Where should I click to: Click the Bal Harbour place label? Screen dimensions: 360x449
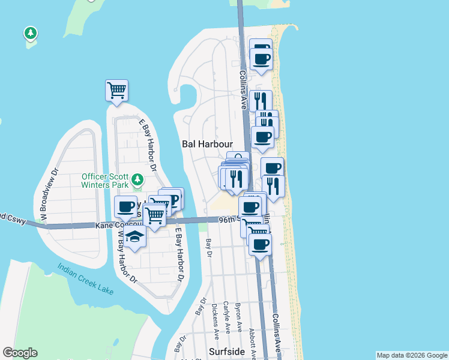click(206, 144)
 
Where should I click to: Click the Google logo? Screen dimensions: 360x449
click(20, 353)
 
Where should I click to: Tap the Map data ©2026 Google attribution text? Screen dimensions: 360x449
click(412, 355)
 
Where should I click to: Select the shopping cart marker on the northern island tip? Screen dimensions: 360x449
click(116, 91)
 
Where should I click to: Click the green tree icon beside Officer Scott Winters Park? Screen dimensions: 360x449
click(137, 179)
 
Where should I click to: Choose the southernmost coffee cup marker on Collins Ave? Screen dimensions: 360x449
click(261, 244)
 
